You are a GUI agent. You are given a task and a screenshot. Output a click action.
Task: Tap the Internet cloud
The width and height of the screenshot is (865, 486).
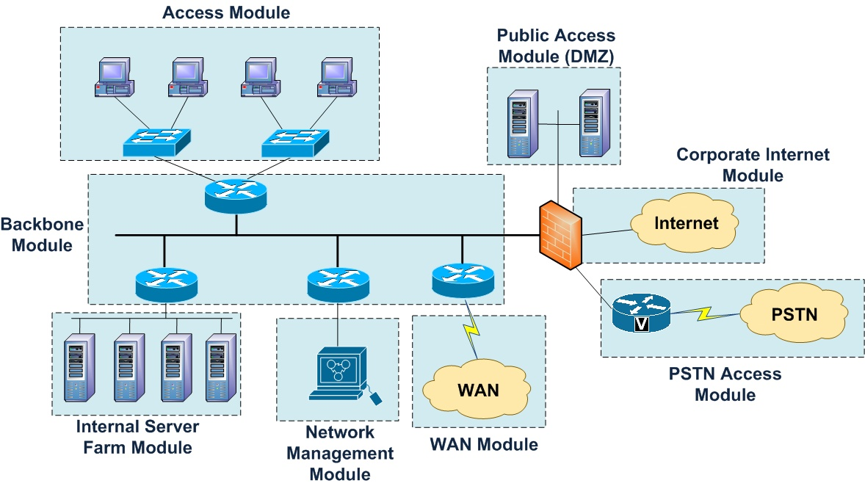click(687, 222)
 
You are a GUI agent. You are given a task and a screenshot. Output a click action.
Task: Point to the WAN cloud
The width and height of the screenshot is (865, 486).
click(478, 388)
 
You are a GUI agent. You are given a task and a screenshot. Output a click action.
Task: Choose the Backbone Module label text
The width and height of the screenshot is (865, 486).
click(37, 234)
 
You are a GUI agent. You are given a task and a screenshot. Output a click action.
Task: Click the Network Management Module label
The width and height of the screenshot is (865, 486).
click(340, 453)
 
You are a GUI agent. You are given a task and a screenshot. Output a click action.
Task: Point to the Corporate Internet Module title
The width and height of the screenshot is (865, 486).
click(753, 165)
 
